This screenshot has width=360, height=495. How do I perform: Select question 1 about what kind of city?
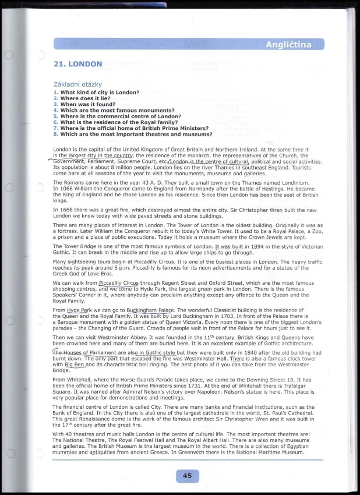tap(100, 93)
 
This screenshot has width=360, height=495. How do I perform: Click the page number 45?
tap(187, 476)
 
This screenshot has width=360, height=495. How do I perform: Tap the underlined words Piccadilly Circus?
tap(119, 283)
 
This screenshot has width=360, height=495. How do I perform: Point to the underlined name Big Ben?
tap(75, 365)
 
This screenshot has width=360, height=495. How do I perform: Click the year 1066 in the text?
tap(61, 189)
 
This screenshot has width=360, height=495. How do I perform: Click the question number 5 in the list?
tap(56, 116)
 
